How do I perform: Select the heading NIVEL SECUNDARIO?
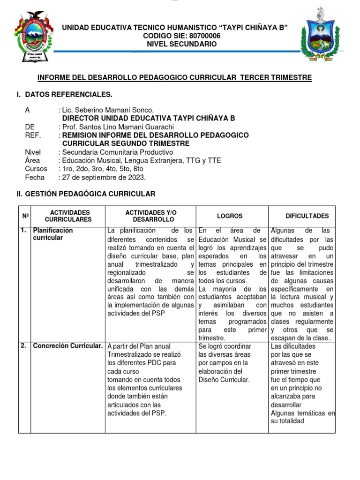point(182,44)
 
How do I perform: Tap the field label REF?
point(33,135)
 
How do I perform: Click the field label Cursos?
point(36,169)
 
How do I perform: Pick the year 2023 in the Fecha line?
point(136,177)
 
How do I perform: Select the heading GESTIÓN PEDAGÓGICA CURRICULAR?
point(90,194)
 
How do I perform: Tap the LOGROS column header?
point(230,216)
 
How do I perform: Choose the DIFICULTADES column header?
point(307,216)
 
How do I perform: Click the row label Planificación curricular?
point(52,234)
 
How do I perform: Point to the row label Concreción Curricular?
point(67,346)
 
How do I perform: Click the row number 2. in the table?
point(23,346)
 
